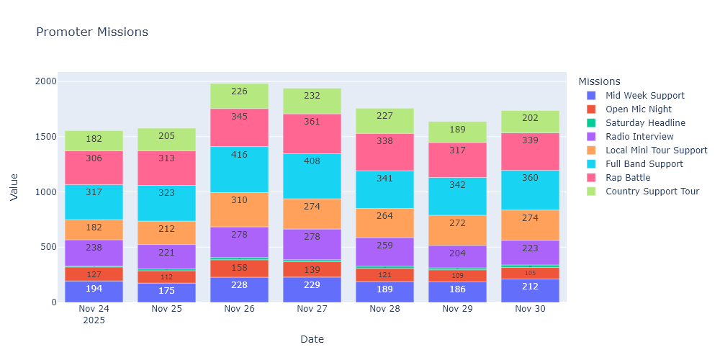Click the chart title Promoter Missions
pyautogui.click(x=92, y=32)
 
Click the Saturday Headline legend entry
pyautogui.click(x=645, y=123)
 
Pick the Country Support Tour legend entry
pyautogui.click(x=652, y=192)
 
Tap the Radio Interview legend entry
pyautogui.click(x=639, y=137)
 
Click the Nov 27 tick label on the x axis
pyautogui.click(x=312, y=309)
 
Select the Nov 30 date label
pyautogui.click(x=530, y=309)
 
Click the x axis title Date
pyautogui.click(x=312, y=339)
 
